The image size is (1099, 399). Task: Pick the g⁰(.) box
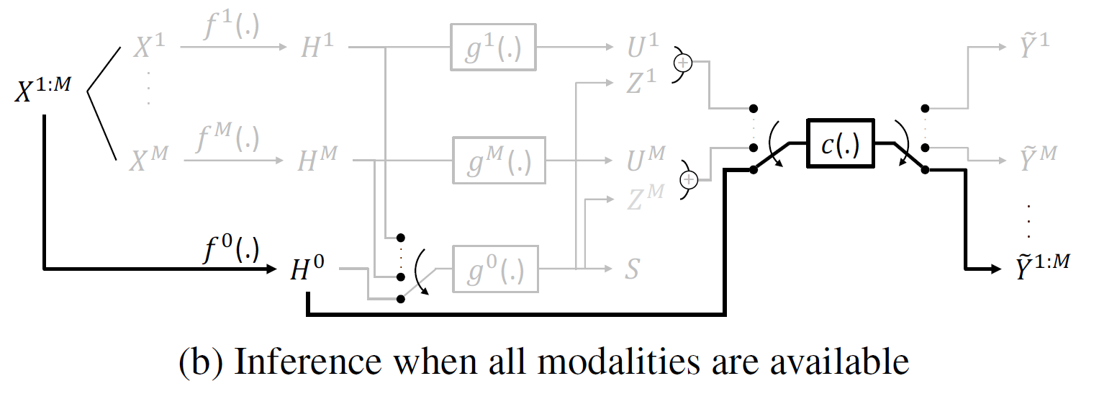pos(496,269)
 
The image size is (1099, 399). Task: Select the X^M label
pos(148,160)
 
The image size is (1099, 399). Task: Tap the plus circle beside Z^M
pos(689,179)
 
